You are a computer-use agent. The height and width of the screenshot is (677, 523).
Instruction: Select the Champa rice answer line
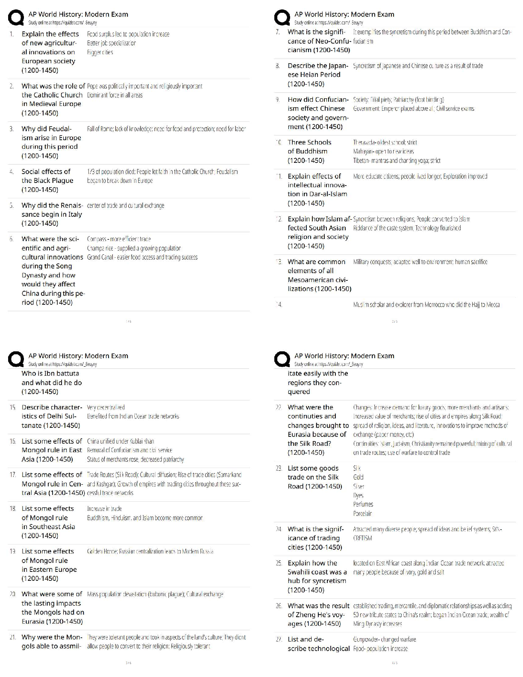[x=134, y=248]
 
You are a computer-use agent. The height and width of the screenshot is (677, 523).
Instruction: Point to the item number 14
[x=279, y=305]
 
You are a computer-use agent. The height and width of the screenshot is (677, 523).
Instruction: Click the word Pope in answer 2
[x=92, y=86]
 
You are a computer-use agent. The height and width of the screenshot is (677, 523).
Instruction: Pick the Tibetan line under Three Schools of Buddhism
[x=397, y=161]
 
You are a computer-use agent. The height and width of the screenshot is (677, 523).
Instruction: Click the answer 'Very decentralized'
[x=106, y=407]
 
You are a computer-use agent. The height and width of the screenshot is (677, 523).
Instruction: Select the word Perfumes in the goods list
[x=363, y=504]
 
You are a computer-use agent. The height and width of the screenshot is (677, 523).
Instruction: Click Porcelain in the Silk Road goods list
[x=362, y=513]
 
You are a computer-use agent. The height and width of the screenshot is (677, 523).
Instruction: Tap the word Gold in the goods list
[x=358, y=477]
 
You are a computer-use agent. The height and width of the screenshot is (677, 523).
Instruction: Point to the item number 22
[x=279, y=407]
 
